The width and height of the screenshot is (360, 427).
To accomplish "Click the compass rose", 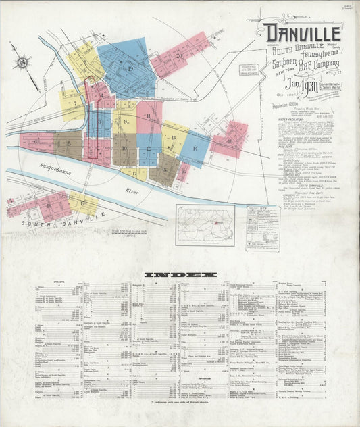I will pos(24,63).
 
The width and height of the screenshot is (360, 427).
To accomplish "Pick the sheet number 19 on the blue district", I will pos(129,68).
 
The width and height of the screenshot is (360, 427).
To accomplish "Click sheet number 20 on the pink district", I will pos(179,55).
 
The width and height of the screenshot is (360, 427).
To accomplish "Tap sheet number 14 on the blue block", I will pos(195,148).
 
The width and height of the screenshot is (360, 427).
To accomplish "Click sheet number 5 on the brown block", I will pos(68,143).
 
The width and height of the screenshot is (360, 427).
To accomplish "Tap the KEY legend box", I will pos(262,228).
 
